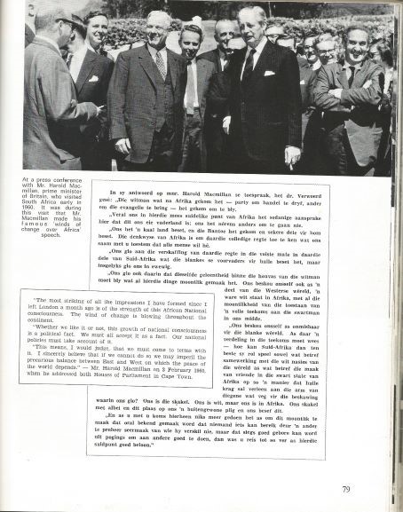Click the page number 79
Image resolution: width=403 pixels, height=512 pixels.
[345, 489]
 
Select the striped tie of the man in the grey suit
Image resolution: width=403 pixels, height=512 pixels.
[160, 65]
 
